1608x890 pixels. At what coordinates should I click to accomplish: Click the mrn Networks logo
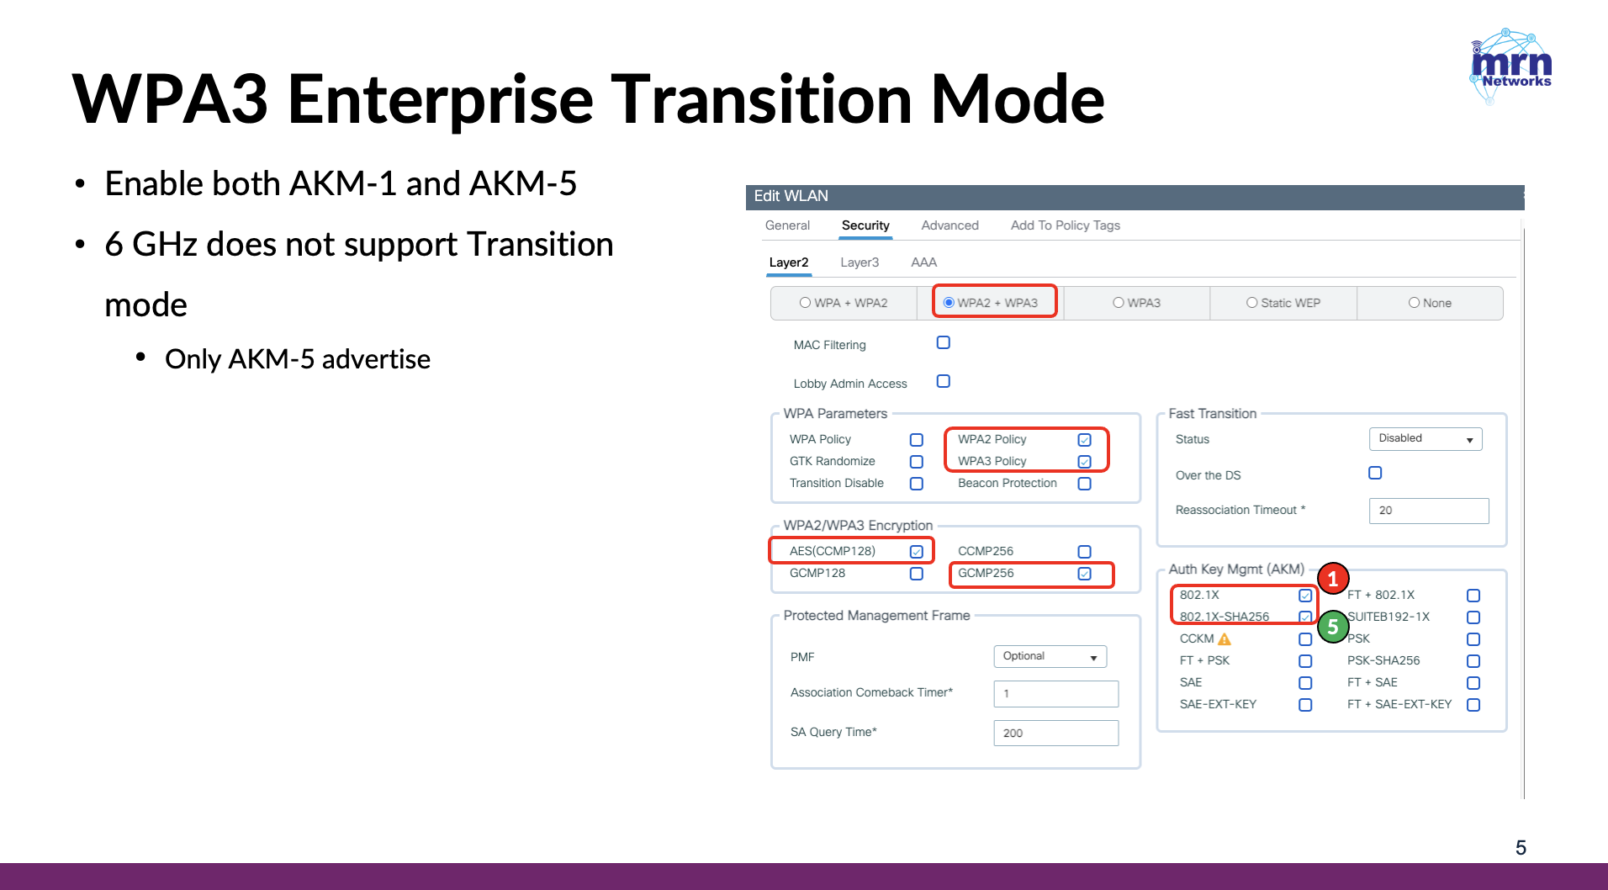coord(1510,66)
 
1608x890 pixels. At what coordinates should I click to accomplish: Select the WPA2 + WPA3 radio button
coord(949,303)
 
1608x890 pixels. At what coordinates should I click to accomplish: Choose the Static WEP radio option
coord(1251,303)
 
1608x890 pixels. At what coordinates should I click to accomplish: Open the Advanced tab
coord(949,225)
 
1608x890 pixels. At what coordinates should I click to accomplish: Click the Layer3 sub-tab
coord(860,262)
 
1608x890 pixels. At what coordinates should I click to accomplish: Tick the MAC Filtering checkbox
coord(944,342)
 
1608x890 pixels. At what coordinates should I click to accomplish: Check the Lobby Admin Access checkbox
coord(944,381)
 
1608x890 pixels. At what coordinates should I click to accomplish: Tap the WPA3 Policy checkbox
coord(1085,462)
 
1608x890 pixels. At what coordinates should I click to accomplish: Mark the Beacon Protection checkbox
coord(1085,484)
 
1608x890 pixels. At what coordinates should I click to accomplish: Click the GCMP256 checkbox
coord(1085,574)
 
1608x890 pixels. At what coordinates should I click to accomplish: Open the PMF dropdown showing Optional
coord(1050,656)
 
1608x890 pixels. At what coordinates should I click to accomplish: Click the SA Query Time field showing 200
coord(1056,733)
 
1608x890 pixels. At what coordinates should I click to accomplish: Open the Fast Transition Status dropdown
coord(1426,439)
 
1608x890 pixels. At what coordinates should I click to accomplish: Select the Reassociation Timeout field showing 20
coord(1429,511)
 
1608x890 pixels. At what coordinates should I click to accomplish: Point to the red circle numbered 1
coord(1333,579)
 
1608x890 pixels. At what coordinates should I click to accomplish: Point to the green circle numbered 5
coord(1333,627)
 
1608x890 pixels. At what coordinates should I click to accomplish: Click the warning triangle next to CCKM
coord(1225,639)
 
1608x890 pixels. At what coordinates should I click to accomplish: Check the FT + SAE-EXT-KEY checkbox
coord(1473,705)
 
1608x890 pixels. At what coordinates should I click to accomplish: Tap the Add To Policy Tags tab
coord(1066,225)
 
